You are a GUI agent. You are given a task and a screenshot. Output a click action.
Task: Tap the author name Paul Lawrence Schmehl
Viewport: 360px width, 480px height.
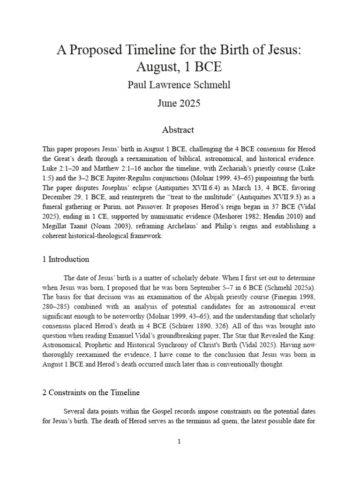[x=180, y=86]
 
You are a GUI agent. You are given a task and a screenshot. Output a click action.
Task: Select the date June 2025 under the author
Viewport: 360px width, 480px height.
[x=180, y=103]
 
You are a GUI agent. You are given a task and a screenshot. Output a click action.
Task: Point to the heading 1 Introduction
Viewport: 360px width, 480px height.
[x=66, y=259]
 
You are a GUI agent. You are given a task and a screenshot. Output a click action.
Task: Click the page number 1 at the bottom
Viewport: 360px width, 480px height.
[x=180, y=441]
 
